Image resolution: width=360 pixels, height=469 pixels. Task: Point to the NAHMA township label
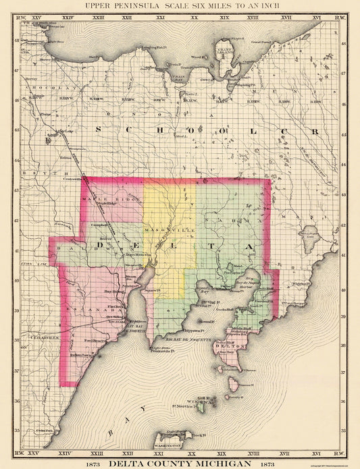(236, 221)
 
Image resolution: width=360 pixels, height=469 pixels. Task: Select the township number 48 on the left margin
(17, 42)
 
